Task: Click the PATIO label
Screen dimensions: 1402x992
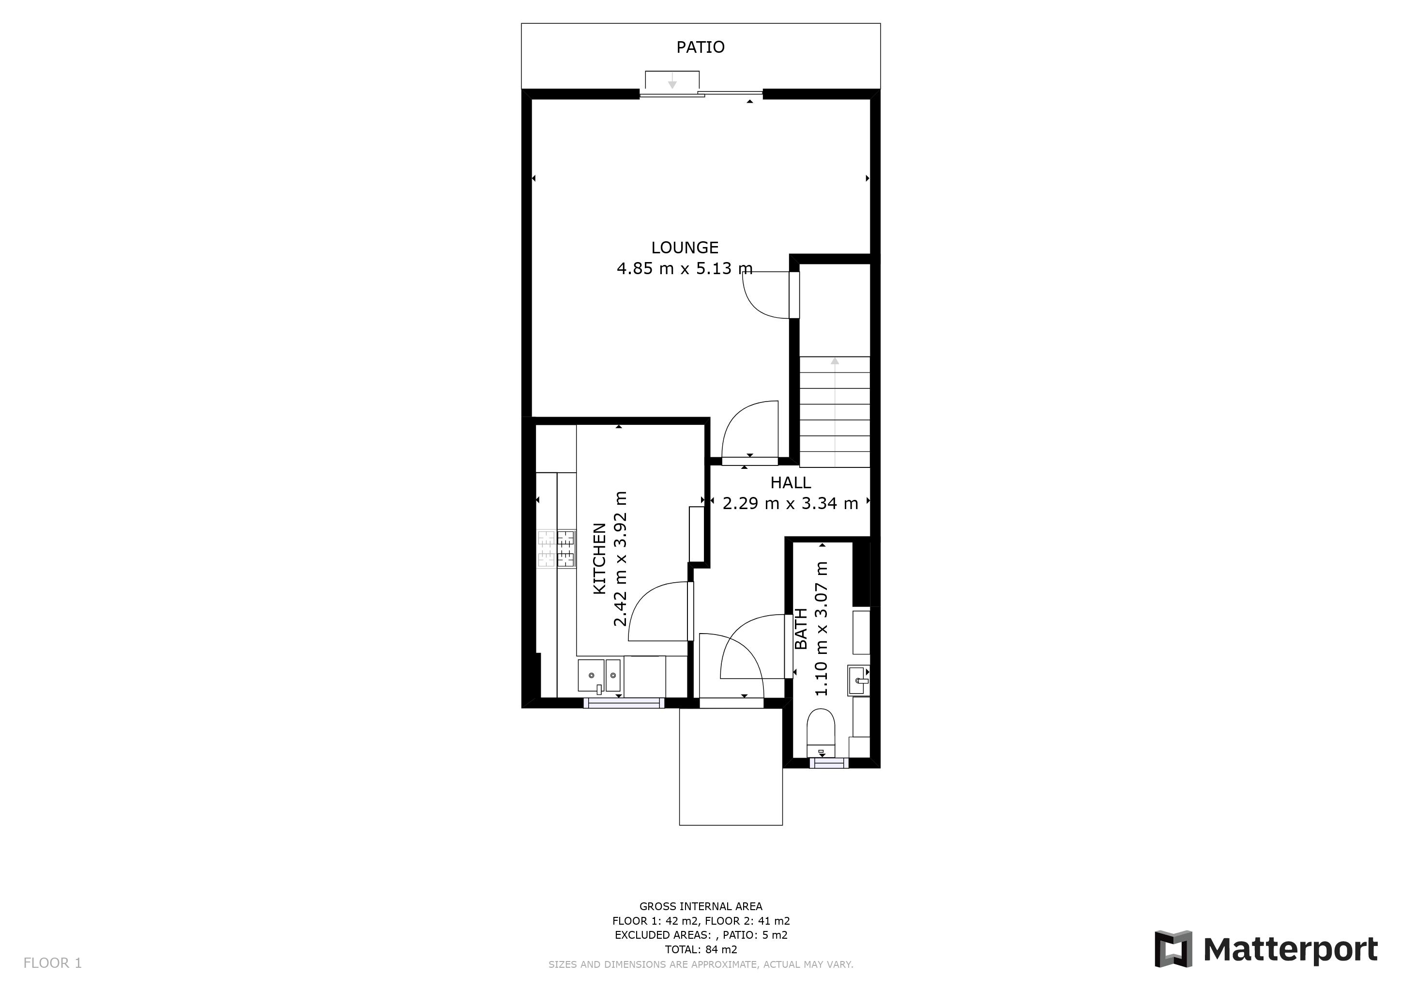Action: click(701, 47)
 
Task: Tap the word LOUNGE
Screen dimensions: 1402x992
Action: click(685, 248)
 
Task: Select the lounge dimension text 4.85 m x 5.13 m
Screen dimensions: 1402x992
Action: click(685, 268)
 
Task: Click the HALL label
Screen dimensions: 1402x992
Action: click(790, 482)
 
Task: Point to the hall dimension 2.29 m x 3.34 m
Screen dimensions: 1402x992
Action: click(790, 503)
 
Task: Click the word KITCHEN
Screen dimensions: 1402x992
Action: click(600, 558)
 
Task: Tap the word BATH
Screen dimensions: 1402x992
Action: click(801, 629)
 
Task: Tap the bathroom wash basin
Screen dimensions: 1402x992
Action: click(858, 681)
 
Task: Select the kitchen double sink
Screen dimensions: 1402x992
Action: click(600, 676)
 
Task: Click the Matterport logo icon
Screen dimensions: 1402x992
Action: click(1173, 948)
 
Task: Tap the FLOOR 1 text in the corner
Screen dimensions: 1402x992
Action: click(52, 963)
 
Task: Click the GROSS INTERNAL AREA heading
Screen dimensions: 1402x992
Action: click(701, 906)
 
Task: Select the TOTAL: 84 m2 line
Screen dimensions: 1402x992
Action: click(701, 950)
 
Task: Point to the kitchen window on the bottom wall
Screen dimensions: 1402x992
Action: click(624, 703)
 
